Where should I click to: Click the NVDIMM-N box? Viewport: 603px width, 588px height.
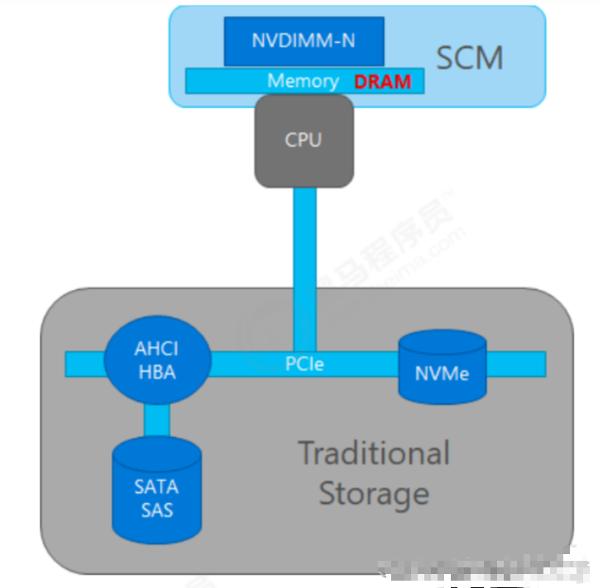click(303, 41)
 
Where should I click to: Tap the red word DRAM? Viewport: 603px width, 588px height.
click(382, 82)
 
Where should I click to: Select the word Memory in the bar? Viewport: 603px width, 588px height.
click(303, 81)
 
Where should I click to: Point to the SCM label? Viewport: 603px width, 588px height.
click(470, 58)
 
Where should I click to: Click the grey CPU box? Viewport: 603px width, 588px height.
click(304, 140)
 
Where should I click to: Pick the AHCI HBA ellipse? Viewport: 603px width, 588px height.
click(156, 361)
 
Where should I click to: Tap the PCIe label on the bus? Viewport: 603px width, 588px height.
click(304, 364)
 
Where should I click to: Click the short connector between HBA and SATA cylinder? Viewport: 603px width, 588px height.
click(157, 419)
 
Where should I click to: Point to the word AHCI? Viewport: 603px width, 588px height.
click(156, 349)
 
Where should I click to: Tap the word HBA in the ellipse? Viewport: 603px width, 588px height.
click(156, 372)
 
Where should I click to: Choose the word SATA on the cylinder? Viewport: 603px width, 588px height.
click(156, 486)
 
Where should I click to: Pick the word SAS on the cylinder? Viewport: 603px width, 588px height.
click(156, 509)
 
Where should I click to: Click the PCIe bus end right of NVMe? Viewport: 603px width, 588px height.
click(515, 364)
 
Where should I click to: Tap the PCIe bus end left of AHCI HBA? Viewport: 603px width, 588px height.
click(84, 364)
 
